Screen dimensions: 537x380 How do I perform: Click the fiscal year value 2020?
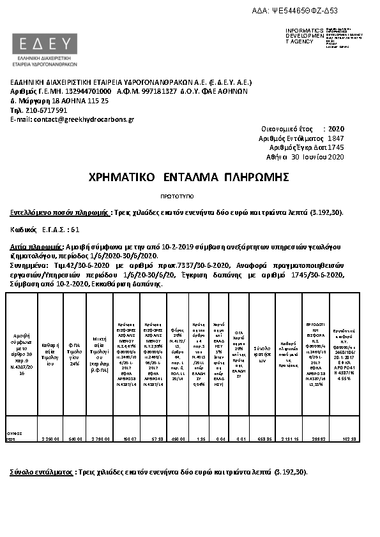point(335,129)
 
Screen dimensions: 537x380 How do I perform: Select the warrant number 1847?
point(335,138)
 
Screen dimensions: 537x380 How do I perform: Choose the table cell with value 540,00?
point(76,439)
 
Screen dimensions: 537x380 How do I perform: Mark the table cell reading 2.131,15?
point(288,439)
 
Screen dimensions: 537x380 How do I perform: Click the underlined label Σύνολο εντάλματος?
point(40,473)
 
